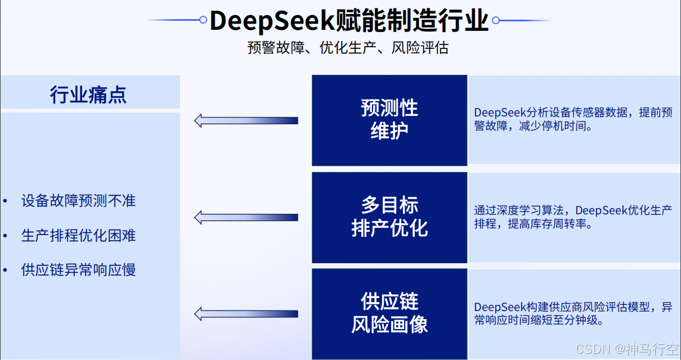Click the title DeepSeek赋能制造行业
click(x=349, y=21)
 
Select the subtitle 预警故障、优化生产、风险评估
click(x=348, y=48)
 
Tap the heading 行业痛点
click(x=88, y=94)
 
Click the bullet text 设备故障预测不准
click(x=78, y=201)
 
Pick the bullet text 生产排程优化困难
click(x=78, y=235)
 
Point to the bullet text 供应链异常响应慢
click(x=78, y=270)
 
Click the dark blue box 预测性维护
click(x=389, y=120)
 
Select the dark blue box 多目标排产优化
click(x=389, y=217)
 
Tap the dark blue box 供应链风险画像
click(x=389, y=314)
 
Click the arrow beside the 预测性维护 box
click(x=246, y=120)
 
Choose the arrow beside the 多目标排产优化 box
click(x=246, y=217)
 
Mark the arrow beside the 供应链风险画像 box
click(x=246, y=314)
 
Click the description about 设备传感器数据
click(x=573, y=119)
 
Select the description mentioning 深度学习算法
click(x=573, y=217)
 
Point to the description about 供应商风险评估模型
click(x=573, y=314)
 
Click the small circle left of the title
click(x=203, y=20)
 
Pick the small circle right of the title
click(x=496, y=20)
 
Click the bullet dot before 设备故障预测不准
click(x=5, y=201)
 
